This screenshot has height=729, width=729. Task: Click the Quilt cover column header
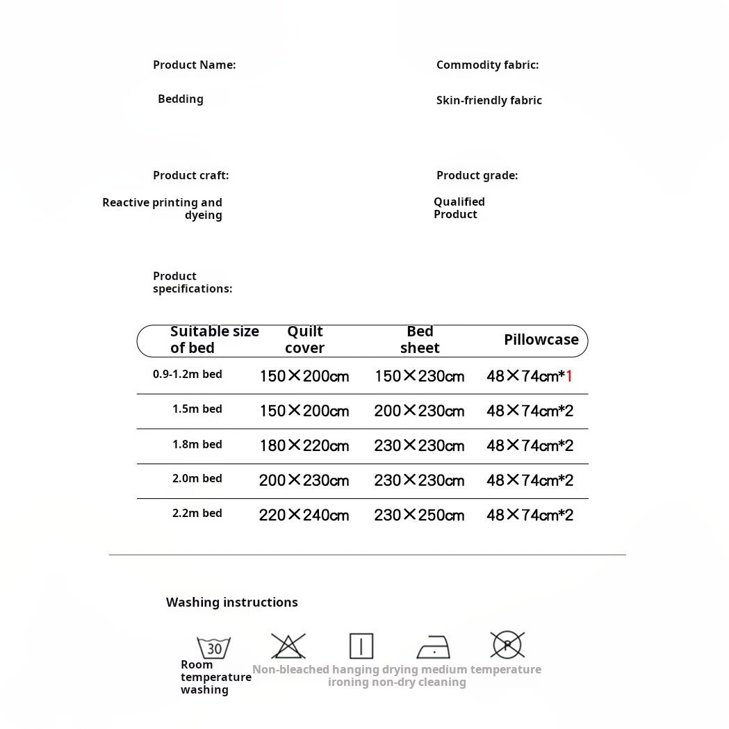click(304, 340)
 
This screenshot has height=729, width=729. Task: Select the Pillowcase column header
click(541, 340)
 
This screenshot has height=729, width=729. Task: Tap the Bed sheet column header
click(420, 340)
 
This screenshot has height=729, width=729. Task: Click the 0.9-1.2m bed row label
click(188, 375)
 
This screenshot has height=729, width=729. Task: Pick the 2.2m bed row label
click(197, 514)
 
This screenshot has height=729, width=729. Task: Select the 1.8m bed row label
click(197, 445)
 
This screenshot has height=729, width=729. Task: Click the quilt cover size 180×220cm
click(304, 445)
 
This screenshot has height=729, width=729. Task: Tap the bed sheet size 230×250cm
click(419, 515)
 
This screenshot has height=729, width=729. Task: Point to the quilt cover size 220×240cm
click(304, 515)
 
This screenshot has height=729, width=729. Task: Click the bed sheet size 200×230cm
click(419, 411)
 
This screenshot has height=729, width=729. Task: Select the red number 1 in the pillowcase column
click(569, 376)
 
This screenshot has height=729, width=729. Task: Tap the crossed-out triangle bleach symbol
click(288, 646)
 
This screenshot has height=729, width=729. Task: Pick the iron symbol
click(434, 647)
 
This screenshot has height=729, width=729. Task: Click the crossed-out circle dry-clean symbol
click(507, 645)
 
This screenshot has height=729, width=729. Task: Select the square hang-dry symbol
click(361, 646)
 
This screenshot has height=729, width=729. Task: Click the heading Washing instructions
click(231, 603)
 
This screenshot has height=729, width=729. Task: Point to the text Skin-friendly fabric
click(489, 100)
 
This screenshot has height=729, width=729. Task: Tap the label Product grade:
click(477, 176)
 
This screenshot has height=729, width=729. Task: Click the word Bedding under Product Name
click(181, 99)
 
